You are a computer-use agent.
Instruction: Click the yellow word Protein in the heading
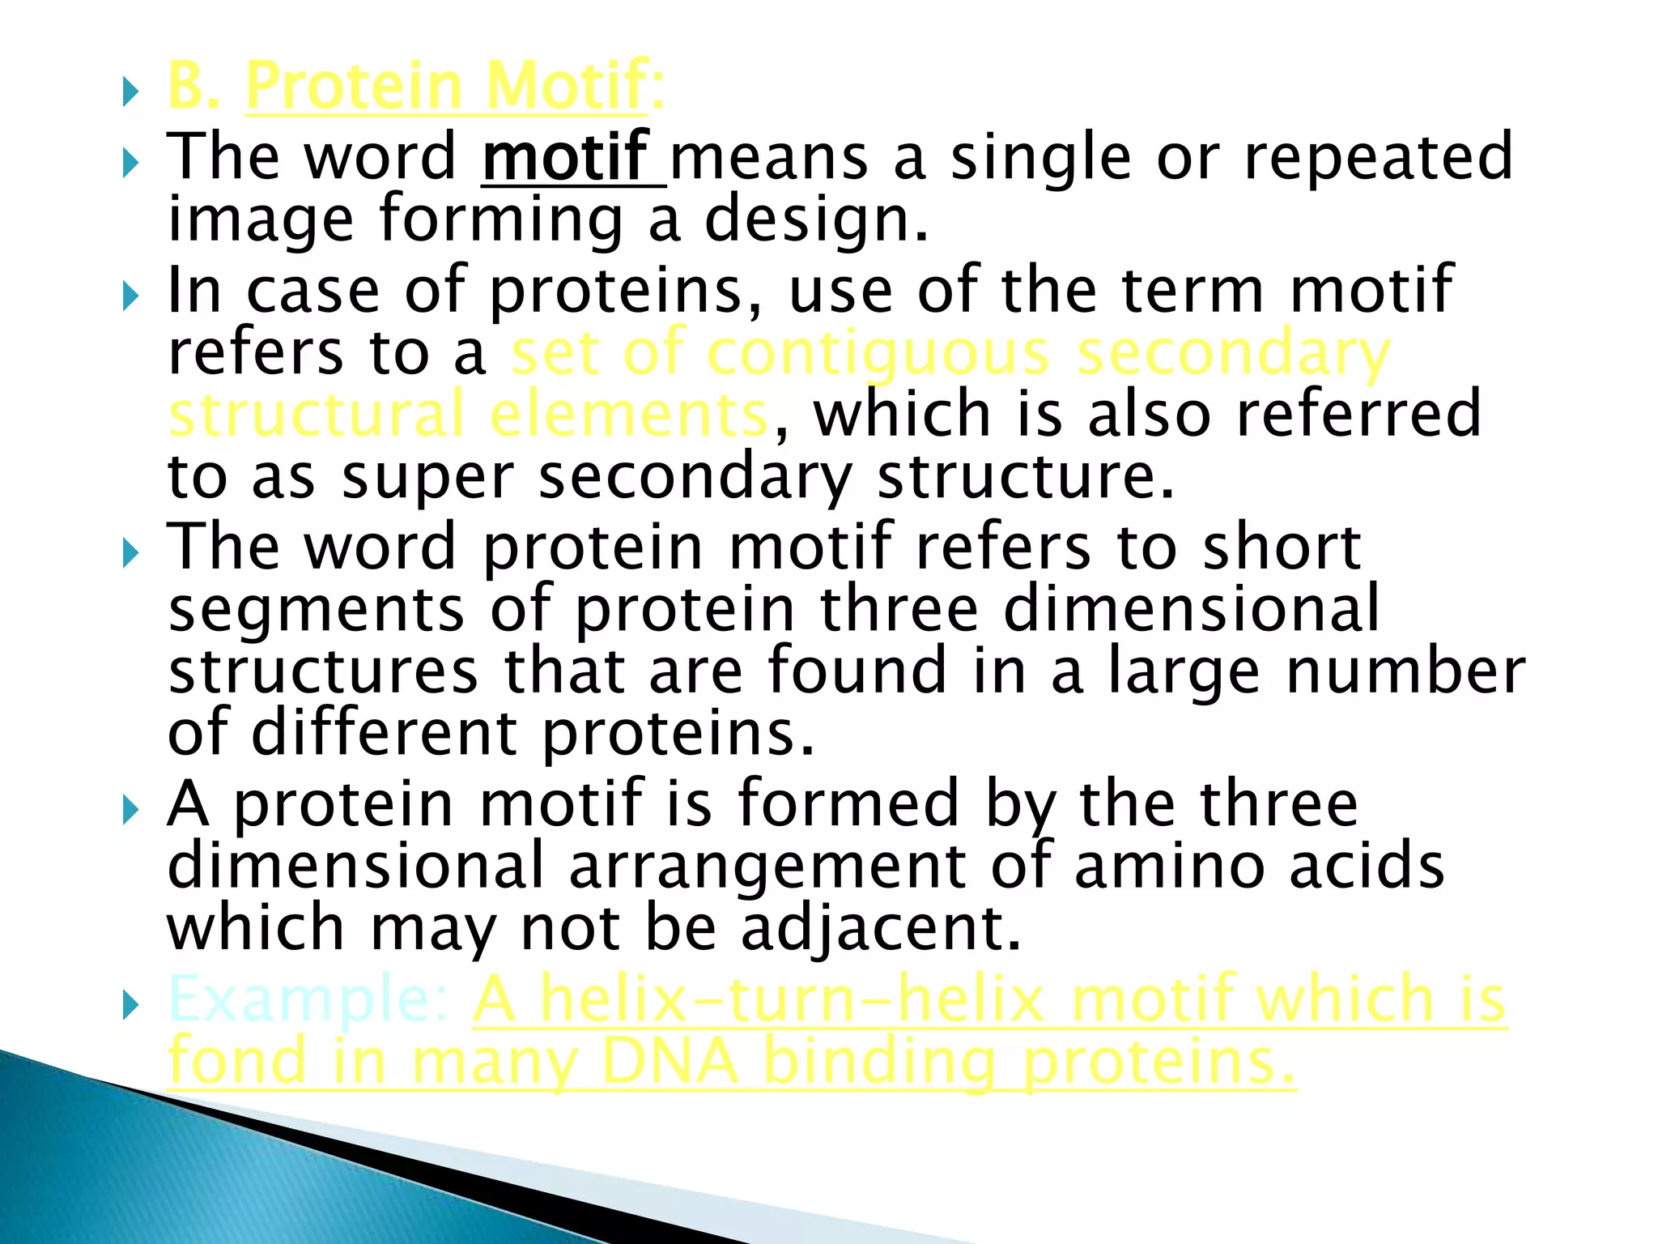click(353, 87)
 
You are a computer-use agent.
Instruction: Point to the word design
click(815, 220)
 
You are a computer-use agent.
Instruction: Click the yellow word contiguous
click(878, 353)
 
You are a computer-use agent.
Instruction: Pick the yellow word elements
click(628, 414)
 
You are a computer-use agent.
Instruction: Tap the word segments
click(316, 610)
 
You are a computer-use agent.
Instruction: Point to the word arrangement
click(767, 865)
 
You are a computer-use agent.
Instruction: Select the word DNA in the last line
click(670, 1062)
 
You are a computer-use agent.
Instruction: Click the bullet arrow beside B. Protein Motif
click(131, 94)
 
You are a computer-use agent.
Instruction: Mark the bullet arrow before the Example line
click(131, 1007)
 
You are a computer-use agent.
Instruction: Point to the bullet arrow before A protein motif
click(131, 810)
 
